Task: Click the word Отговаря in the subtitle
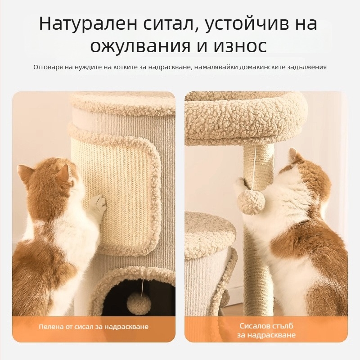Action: click(48, 67)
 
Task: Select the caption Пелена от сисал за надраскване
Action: click(94, 327)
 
